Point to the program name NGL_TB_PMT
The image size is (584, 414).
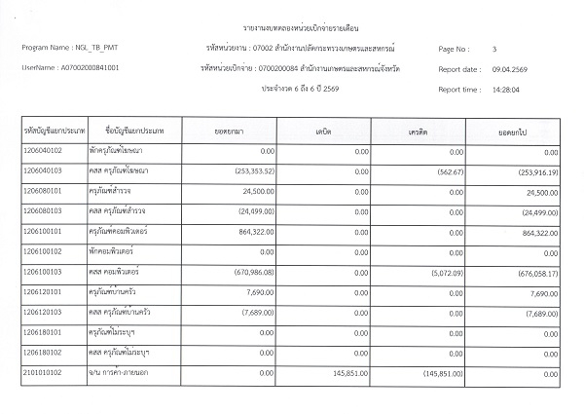87,48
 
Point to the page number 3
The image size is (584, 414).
494,48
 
